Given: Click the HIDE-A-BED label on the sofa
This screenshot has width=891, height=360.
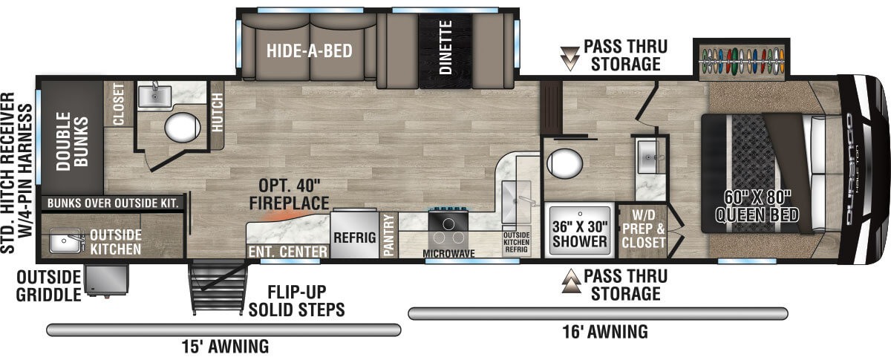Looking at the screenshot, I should click(x=310, y=50).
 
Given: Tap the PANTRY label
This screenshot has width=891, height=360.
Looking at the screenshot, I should click(x=389, y=236).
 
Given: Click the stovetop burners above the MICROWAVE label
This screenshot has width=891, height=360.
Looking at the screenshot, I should click(x=449, y=230).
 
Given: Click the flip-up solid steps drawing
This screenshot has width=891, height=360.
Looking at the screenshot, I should click(x=219, y=289).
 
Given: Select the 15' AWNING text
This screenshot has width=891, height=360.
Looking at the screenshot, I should click(x=224, y=346).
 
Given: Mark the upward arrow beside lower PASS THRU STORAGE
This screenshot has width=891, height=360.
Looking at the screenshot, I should click(x=569, y=283).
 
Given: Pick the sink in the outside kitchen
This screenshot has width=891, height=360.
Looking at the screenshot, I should click(x=67, y=240).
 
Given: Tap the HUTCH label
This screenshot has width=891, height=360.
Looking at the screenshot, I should click(x=217, y=114).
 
